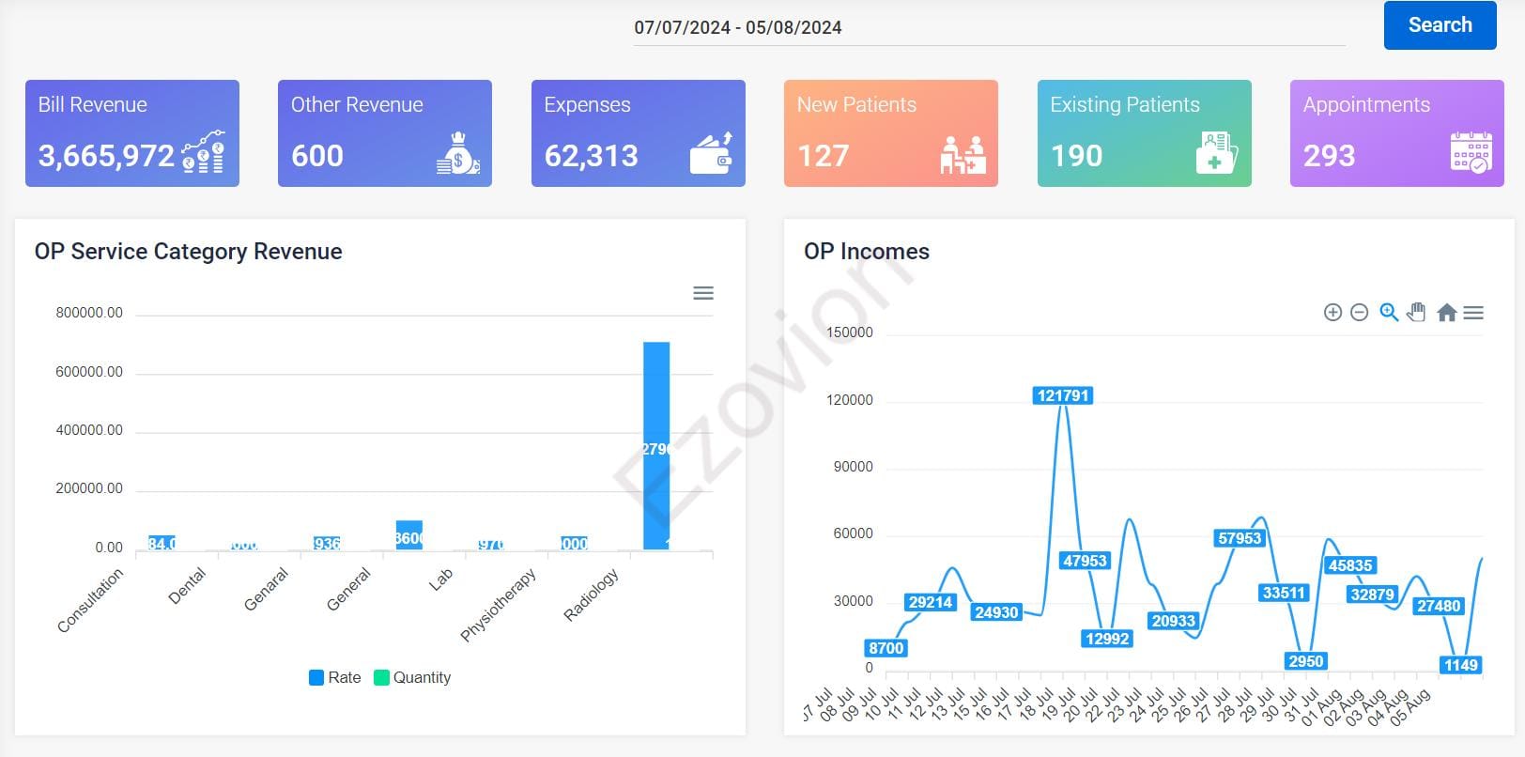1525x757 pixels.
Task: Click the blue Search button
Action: click(1440, 25)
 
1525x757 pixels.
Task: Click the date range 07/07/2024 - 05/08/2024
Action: click(737, 27)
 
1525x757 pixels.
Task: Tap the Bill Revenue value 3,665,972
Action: click(106, 155)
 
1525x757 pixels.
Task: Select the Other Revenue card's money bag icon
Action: click(458, 152)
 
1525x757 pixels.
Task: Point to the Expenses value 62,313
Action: click(591, 155)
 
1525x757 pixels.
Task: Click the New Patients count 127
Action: click(823, 155)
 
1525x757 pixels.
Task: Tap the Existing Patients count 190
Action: click(1076, 155)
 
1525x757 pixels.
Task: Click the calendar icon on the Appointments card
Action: click(1471, 152)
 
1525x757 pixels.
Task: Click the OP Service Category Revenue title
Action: click(188, 252)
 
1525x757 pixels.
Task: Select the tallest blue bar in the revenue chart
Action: click(656, 445)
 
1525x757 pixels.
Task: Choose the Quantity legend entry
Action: click(412, 677)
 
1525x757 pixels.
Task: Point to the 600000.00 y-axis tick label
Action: click(89, 372)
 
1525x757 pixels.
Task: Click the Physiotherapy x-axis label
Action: click(499, 605)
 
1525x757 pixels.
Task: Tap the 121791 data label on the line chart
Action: click(1062, 395)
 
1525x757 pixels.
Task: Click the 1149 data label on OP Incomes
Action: click(1460, 665)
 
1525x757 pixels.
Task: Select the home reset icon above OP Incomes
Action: click(1446, 313)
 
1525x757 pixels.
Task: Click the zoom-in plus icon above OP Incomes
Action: click(1332, 313)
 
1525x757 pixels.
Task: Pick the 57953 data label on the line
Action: click(1239, 538)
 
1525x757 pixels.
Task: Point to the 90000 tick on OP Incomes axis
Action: click(853, 467)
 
